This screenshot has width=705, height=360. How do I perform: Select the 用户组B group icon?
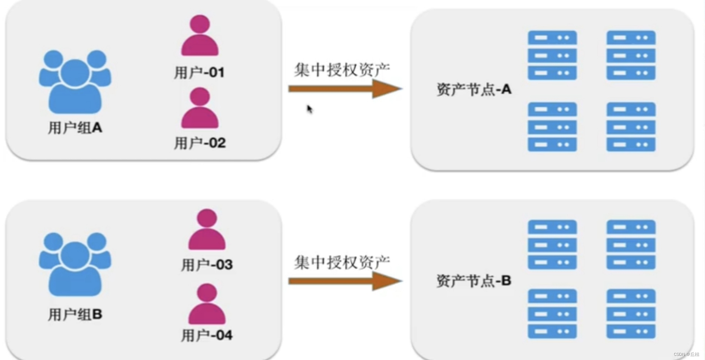(75, 265)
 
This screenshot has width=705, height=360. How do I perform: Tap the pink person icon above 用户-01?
(200, 35)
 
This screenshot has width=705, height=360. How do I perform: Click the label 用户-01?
(199, 72)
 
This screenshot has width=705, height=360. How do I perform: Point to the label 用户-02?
(200, 143)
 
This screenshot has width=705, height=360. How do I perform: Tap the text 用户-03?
(207, 265)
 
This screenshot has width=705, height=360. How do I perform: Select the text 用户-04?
(207, 335)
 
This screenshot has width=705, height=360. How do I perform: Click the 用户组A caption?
(75, 128)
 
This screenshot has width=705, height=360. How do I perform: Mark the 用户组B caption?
(75, 314)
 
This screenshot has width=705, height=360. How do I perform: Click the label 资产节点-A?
(474, 89)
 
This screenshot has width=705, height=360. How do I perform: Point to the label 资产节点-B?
(474, 281)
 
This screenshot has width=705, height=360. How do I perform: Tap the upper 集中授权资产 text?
(342, 70)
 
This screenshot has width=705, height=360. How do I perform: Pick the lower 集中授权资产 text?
(342, 262)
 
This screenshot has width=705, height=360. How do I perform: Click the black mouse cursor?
(309, 109)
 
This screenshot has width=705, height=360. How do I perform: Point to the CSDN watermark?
(686, 354)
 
